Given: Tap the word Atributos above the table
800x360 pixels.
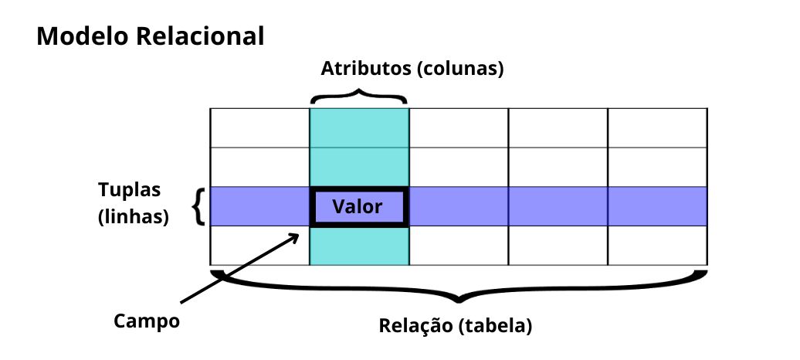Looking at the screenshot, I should (365, 68).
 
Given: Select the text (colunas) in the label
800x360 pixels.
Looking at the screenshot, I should (460, 69).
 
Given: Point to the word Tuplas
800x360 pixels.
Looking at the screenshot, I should (129, 189).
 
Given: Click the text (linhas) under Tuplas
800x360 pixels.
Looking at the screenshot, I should (134, 216).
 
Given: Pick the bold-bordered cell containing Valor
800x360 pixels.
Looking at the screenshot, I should (358, 206).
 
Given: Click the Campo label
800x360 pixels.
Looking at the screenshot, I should (146, 320).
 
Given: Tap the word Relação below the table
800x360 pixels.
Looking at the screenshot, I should (414, 325).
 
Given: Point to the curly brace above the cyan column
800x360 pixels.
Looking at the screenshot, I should (358, 97).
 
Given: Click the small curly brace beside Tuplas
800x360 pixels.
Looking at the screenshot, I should (199, 206).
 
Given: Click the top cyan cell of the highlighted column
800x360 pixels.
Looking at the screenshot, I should (358, 127).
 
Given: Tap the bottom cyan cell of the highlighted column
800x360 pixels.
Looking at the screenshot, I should (358, 246).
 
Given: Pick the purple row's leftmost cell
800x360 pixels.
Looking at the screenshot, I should (259, 206).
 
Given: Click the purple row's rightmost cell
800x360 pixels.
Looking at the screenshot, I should (658, 206).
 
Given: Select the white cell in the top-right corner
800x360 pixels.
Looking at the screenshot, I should (658, 127).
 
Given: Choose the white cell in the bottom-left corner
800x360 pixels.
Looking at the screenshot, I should (259, 246).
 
